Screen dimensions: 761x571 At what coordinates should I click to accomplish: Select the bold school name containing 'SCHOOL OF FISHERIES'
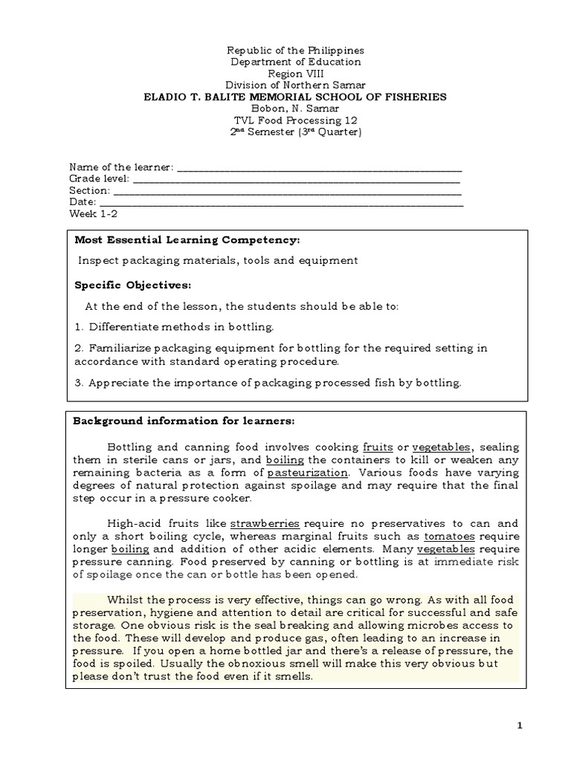pyautogui.click(x=295, y=97)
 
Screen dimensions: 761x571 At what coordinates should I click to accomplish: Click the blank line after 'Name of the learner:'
pyautogui.click(x=319, y=167)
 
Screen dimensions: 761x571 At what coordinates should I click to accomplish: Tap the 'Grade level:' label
pyautogui.click(x=99, y=178)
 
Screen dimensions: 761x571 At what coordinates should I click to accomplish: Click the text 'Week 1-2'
pyautogui.click(x=93, y=213)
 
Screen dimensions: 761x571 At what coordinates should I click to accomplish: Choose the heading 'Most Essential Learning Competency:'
pyautogui.click(x=187, y=240)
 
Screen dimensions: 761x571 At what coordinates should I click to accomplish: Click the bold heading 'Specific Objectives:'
pyautogui.click(x=132, y=285)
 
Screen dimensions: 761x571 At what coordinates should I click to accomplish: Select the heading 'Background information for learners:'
pyautogui.click(x=183, y=421)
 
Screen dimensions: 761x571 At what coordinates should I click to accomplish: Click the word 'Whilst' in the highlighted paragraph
pyautogui.click(x=123, y=600)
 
